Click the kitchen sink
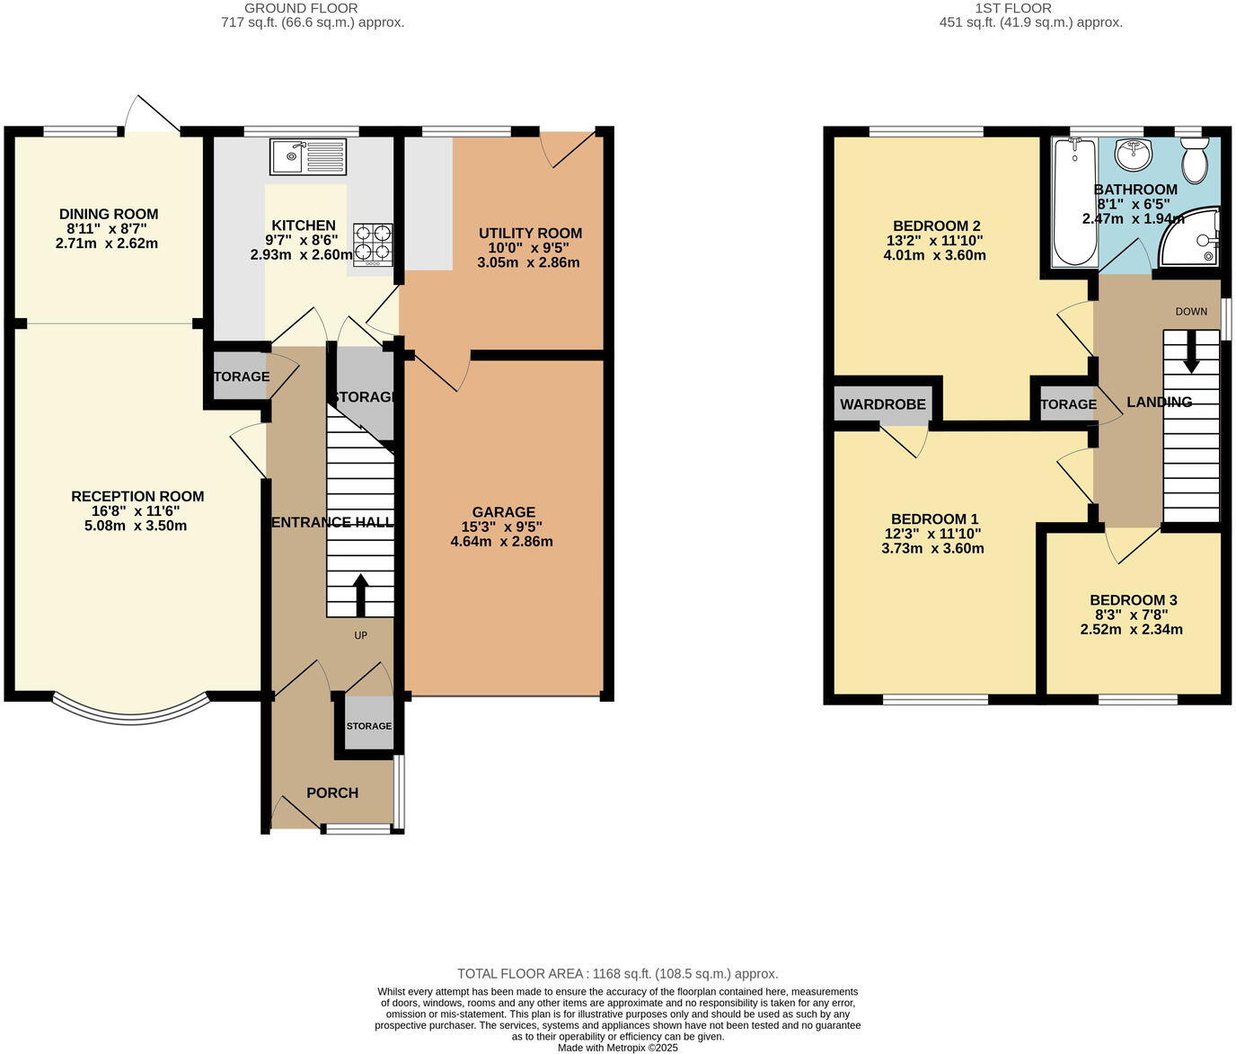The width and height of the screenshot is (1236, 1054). point(307,156)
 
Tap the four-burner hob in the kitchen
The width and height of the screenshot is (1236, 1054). point(372,244)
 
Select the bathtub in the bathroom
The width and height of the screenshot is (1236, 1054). point(1074,202)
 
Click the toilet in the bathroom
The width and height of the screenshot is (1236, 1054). point(1194,161)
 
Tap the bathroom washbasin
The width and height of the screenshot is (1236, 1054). point(1134,155)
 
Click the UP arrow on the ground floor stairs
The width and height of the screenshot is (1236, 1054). point(360,593)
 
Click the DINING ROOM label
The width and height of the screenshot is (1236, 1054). point(109,214)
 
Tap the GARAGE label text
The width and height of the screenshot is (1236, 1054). point(503,512)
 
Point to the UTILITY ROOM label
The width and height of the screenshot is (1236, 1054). point(530,234)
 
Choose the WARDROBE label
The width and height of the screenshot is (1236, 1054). point(882,404)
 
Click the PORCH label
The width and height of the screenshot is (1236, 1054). point(332,793)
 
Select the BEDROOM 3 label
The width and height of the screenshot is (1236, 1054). point(1133,600)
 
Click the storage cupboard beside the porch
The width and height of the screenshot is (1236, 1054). point(369,725)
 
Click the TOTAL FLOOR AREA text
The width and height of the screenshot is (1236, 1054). point(617,973)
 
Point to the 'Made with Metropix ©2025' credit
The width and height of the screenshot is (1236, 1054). point(617,1047)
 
